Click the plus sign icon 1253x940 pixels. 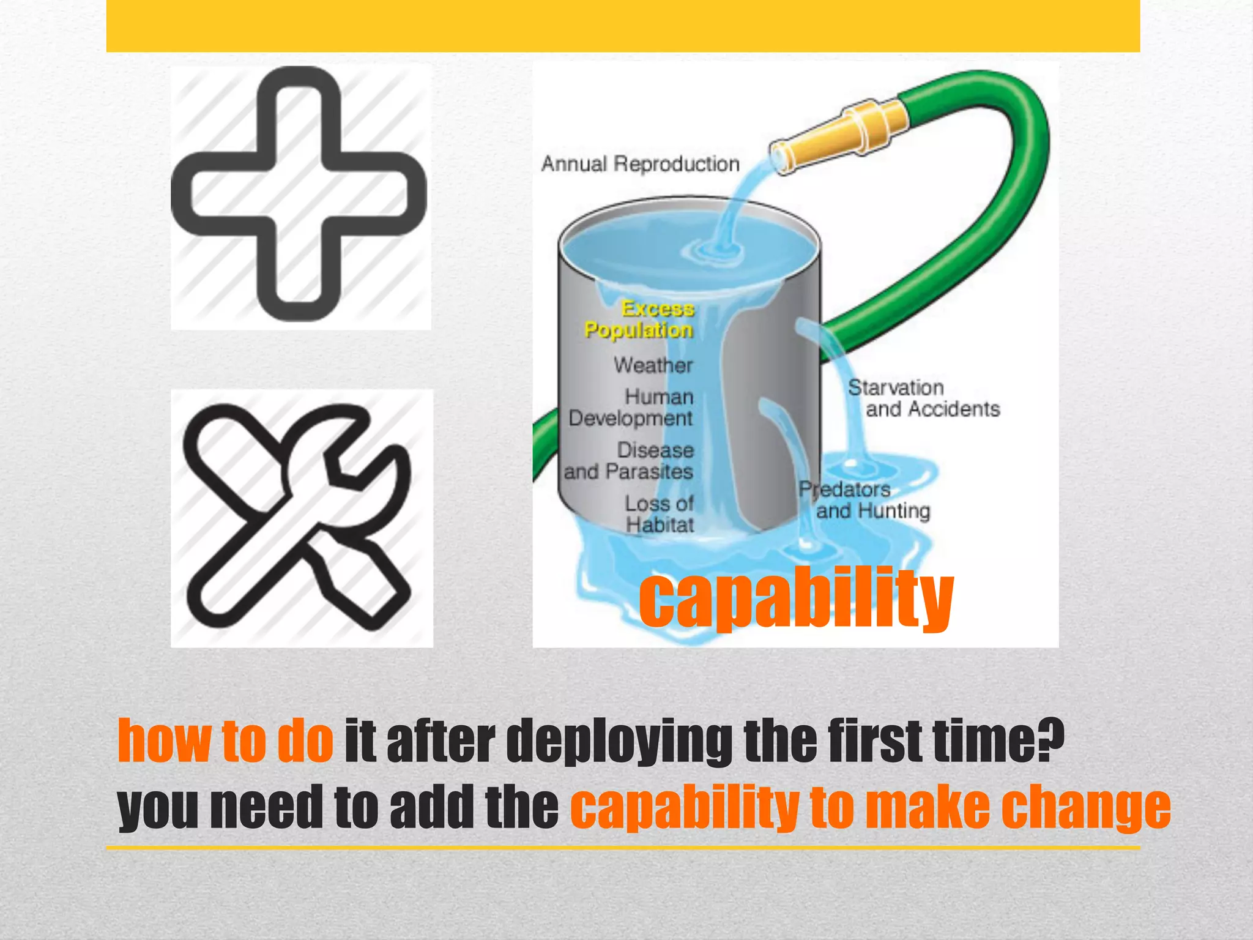pyautogui.click(x=299, y=195)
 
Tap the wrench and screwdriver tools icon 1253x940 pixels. pyautogui.click(x=299, y=517)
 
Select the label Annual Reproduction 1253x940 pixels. pyautogui.click(x=640, y=164)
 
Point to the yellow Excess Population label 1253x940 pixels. pyautogui.click(x=639, y=319)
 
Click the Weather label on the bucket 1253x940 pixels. pyautogui.click(x=653, y=365)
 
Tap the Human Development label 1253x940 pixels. pyautogui.click(x=631, y=408)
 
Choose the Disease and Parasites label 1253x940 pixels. pyautogui.click(x=629, y=461)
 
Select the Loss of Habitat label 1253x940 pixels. pyautogui.click(x=660, y=514)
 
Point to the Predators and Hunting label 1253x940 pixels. pyautogui.click(x=864, y=500)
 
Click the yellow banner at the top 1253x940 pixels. pyautogui.click(x=623, y=26)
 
